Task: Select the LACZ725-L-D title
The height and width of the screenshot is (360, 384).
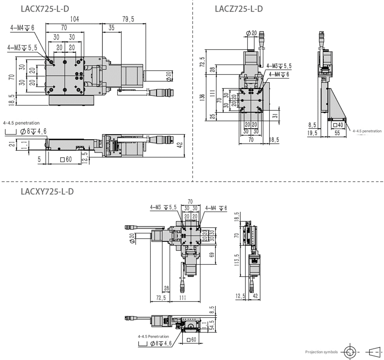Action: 239,9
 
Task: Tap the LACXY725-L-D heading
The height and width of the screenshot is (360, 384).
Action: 47,191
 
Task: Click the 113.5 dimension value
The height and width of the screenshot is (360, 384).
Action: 237,260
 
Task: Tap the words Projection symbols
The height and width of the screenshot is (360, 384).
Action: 321,352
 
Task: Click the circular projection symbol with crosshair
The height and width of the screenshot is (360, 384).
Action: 350,352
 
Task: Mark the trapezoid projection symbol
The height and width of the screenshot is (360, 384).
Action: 373,352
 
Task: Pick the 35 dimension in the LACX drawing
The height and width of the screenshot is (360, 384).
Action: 111,27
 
